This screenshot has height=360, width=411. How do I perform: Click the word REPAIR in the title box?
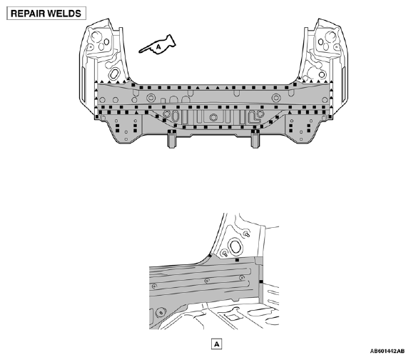26,14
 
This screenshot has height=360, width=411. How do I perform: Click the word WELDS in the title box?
64,14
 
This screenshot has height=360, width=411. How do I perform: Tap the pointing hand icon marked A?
158,45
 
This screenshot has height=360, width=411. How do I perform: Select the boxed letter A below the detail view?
216,344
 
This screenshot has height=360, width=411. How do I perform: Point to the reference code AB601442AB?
387,351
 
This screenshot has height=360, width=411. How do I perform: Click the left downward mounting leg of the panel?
172,139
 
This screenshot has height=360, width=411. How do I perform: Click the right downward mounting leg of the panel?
255,139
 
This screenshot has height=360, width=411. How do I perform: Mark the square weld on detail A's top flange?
237,260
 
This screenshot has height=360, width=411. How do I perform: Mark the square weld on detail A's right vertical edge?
261,282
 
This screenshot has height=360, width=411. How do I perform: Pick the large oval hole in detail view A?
235,246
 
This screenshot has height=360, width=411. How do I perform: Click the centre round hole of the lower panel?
213,117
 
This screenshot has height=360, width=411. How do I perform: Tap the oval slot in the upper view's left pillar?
114,74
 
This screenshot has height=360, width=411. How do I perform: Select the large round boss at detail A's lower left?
161,312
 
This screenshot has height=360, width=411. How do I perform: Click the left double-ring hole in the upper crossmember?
151,98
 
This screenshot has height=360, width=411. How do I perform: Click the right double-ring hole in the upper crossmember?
275,98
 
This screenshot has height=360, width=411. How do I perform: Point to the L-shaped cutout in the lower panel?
254,117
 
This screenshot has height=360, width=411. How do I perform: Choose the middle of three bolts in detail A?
207,281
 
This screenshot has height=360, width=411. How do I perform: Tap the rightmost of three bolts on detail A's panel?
242,277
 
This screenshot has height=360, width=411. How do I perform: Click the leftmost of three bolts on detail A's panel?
154,286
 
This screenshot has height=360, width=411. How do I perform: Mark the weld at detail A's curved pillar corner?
210,255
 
